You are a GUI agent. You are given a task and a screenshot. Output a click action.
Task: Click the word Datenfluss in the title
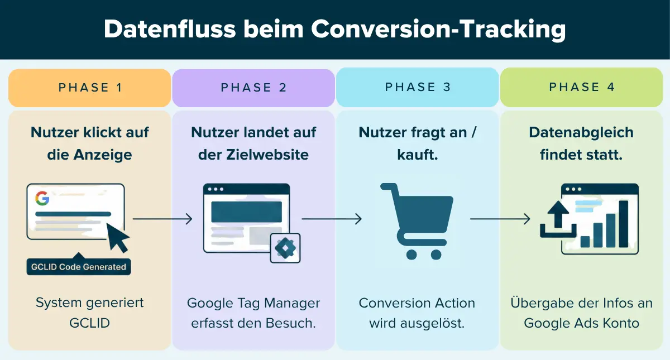170,29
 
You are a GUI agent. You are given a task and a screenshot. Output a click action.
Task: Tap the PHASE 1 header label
90,88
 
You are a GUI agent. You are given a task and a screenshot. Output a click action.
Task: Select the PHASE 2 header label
253,88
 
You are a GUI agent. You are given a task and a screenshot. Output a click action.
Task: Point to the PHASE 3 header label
418,87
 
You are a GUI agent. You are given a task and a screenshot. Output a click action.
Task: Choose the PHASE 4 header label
582,87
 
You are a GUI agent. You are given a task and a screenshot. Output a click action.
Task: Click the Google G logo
42,198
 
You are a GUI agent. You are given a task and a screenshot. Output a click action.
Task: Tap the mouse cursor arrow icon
118,238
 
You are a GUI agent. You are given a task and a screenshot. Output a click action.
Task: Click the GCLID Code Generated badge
79,266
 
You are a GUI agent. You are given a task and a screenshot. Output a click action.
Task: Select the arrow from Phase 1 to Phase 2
162,219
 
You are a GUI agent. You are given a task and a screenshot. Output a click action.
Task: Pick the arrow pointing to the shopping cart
332,219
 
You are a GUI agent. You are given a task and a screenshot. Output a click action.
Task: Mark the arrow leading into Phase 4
500,219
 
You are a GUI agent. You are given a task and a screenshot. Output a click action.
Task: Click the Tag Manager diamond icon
285,248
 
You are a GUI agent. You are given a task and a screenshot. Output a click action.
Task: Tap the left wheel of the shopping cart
411,255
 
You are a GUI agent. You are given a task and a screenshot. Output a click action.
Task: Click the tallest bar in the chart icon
623,224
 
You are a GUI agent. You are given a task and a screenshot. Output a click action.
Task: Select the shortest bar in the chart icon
585,242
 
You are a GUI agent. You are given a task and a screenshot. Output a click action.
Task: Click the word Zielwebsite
267,155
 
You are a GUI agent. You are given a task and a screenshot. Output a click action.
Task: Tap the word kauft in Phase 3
417,155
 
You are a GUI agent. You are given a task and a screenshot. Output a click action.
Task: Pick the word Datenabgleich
581,132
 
